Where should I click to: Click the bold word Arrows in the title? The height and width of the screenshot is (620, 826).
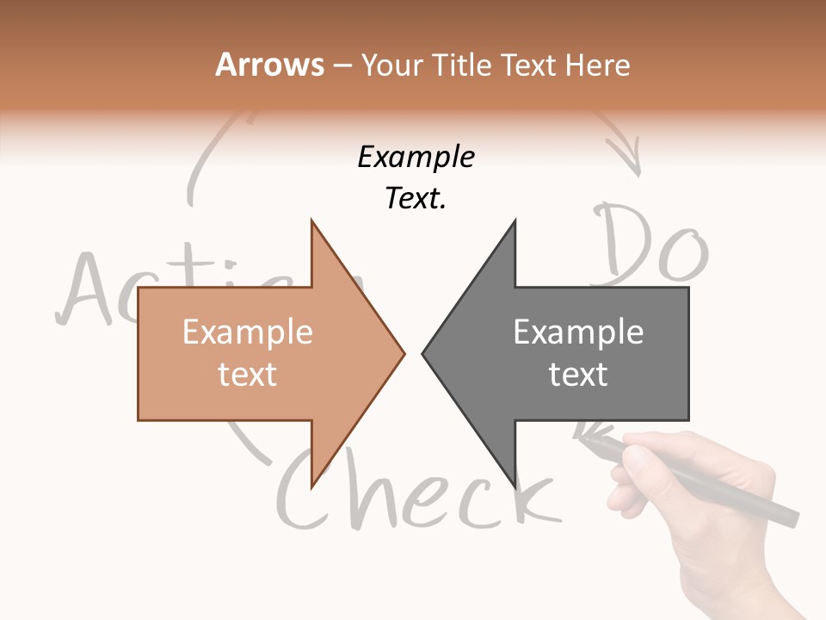pos(270,65)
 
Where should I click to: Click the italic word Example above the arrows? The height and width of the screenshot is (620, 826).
pos(416,158)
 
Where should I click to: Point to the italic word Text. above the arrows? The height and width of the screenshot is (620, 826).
pos(416,199)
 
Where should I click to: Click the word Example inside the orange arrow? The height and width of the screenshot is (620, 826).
pos(247,332)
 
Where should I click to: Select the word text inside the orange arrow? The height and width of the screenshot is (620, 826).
pos(247,375)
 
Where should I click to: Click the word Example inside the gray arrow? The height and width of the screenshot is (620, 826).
pos(578,332)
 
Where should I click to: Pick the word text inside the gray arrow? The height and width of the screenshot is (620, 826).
pos(578,375)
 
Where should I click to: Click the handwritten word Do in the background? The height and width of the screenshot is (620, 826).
pos(652,245)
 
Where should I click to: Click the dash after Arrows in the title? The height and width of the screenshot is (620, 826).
pos(342,65)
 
